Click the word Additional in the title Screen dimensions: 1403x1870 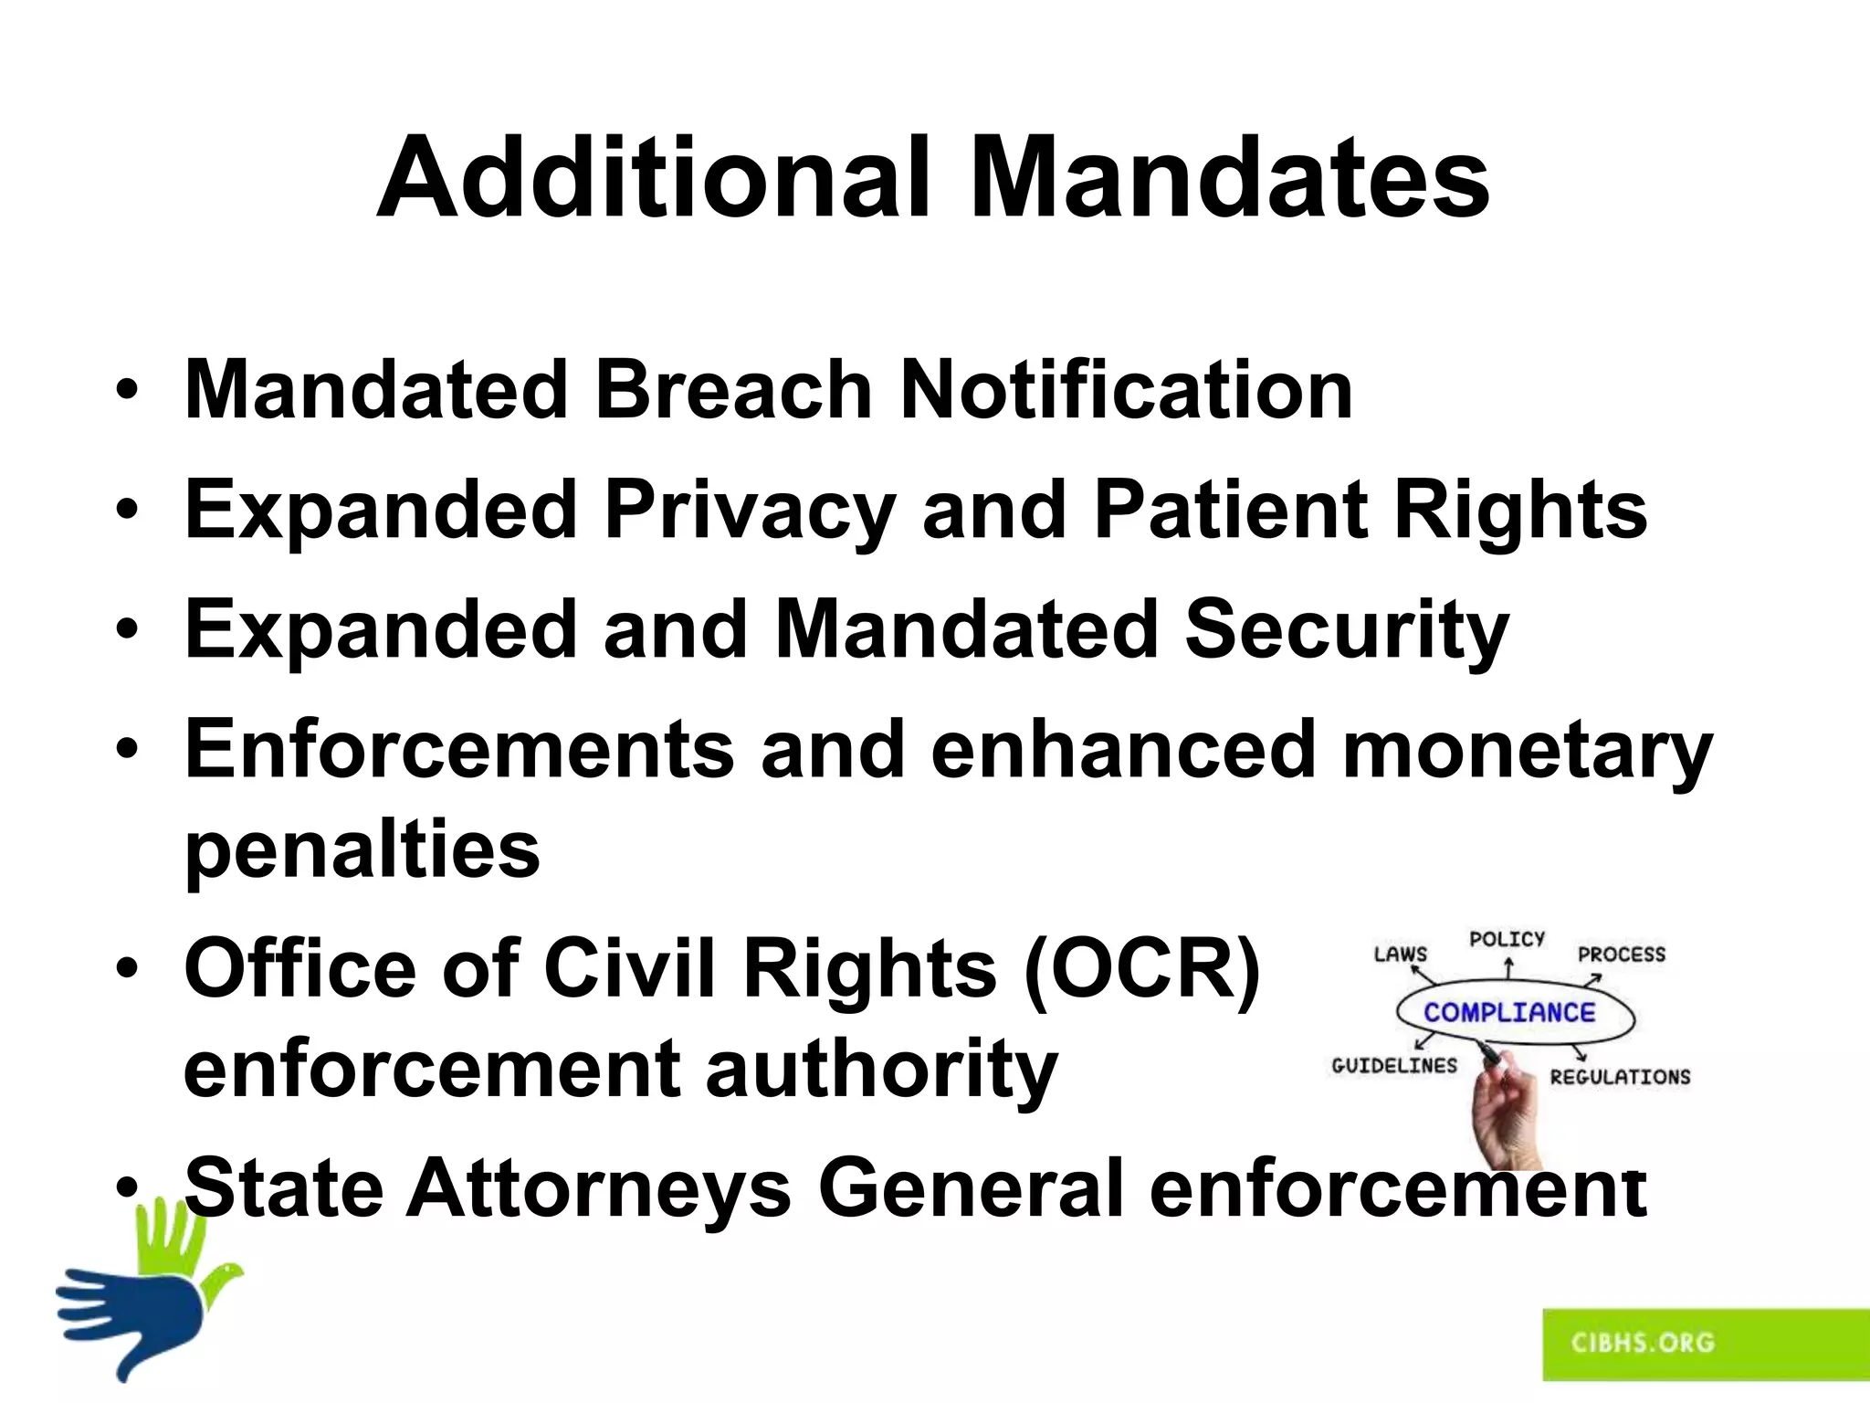654,178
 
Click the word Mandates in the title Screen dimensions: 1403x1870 1229,178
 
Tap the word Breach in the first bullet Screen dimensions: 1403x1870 734,390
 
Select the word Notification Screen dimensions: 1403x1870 1126,390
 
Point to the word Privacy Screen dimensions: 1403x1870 749,511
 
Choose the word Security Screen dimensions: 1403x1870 1346,630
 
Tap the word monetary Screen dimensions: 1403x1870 1528,751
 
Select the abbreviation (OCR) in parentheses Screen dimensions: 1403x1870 1141,968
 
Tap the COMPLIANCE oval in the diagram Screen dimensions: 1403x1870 1510,1012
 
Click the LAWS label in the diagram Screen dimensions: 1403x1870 1400,955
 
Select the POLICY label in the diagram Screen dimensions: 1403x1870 1507,939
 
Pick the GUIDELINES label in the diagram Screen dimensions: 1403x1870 1394,1066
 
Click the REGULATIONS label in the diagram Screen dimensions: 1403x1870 1620,1077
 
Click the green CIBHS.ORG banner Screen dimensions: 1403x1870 1704,1344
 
